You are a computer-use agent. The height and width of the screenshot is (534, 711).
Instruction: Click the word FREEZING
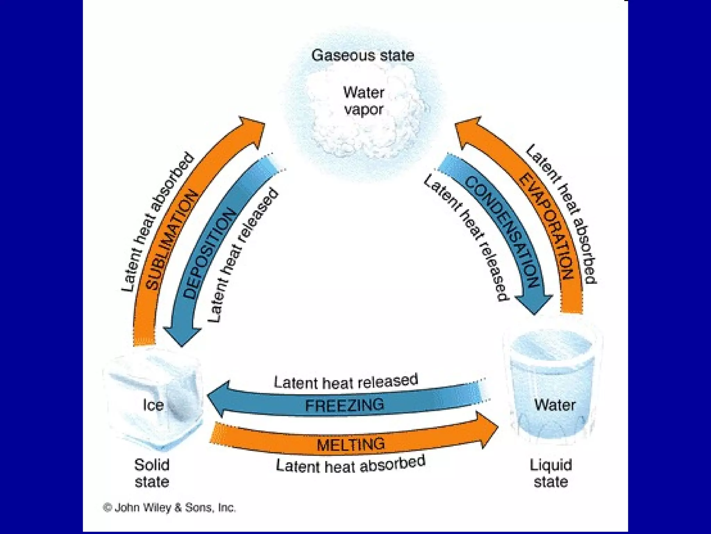pyautogui.click(x=344, y=405)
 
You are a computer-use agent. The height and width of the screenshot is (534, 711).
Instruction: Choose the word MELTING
pyautogui.click(x=351, y=444)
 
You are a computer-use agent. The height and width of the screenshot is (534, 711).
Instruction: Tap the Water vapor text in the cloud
pyautogui.click(x=363, y=101)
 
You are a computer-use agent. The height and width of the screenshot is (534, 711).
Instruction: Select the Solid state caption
pyautogui.click(x=152, y=473)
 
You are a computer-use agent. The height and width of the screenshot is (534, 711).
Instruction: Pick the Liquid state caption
pyautogui.click(x=551, y=473)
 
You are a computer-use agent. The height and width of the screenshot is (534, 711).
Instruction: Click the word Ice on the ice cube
pyautogui.click(x=153, y=405)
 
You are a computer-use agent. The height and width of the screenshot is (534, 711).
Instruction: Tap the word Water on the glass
pyautogui.click(x=554, y=405)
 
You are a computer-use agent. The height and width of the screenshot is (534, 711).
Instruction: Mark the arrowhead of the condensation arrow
pyautogui.click(x=534, y=303)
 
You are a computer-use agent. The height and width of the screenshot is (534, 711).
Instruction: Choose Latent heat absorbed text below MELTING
pyautogui.click(x=351, y=465)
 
